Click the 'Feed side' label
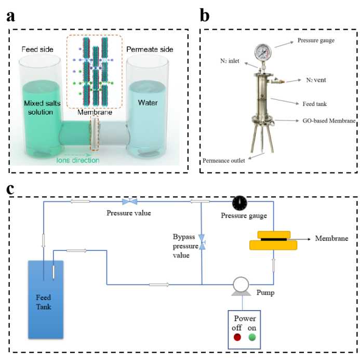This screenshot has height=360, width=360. (37, 49)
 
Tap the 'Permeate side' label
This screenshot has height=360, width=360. (150, 49)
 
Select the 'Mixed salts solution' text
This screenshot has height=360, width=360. (42, 108)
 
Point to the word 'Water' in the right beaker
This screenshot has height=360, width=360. (148, 103)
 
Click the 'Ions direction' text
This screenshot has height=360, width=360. (78, 160)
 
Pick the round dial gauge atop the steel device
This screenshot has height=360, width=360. (261, 52)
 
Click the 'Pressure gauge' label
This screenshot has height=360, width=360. (244, 216)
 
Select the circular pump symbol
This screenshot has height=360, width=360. (240, 284)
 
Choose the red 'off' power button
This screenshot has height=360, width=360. (237, 337)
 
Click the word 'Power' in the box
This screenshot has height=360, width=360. (245, 318)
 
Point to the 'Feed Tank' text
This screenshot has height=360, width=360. (44, 302)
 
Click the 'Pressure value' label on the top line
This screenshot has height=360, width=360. (129, 213)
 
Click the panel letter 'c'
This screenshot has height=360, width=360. (11, 189)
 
